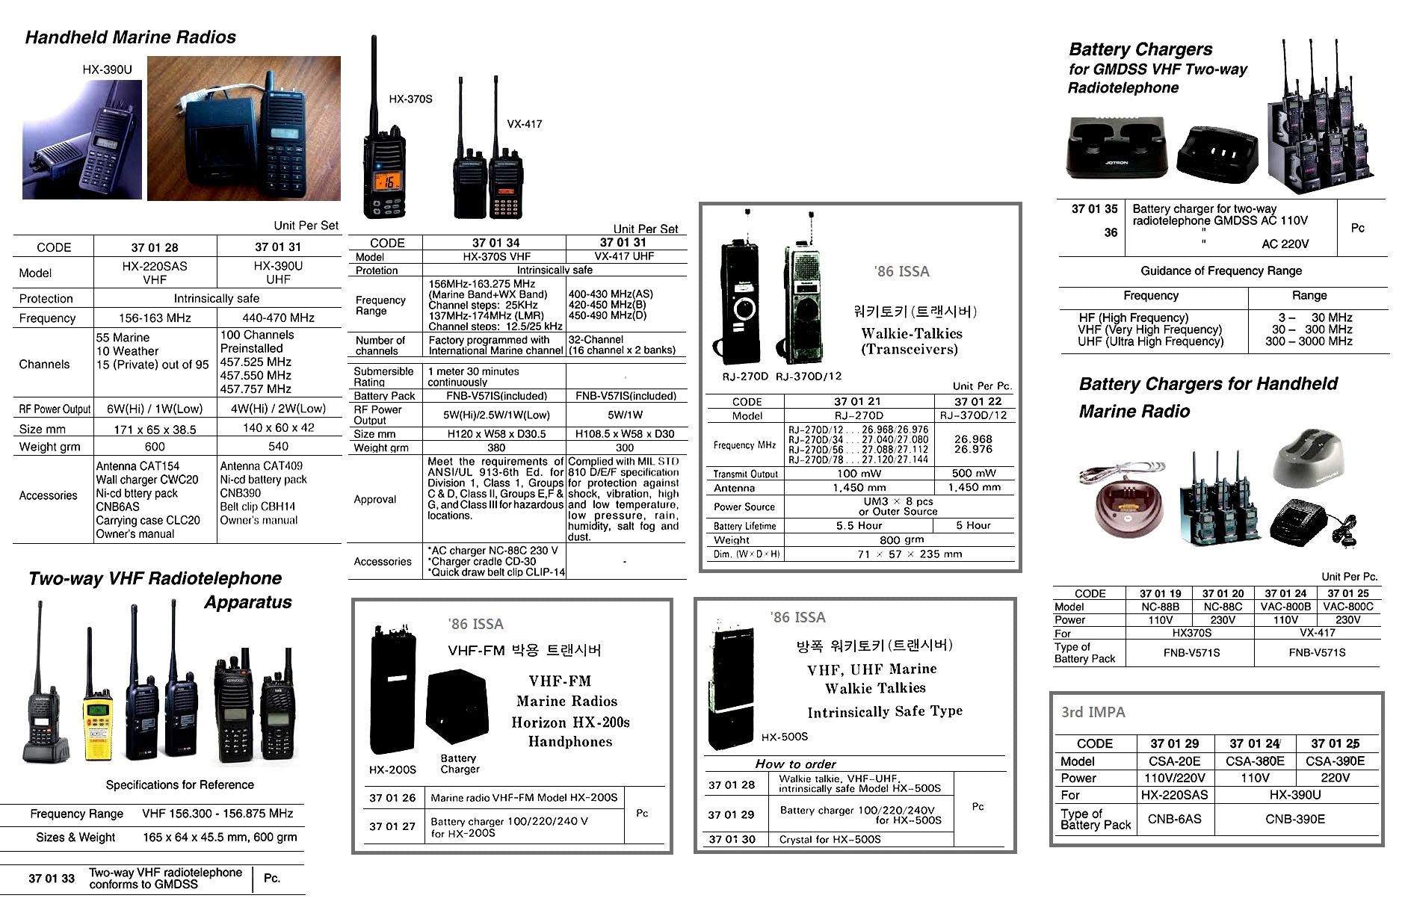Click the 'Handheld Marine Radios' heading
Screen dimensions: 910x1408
130,37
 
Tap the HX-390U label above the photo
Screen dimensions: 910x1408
107,69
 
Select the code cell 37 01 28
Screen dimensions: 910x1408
155,247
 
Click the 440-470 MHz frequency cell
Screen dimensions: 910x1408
278,318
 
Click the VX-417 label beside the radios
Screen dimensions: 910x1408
524,124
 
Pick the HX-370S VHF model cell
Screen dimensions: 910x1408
496,256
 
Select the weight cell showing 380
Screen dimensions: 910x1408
496,448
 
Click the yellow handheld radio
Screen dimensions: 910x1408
97,721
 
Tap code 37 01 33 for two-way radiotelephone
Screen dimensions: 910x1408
52,878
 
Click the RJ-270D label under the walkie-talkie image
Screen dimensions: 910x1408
744,376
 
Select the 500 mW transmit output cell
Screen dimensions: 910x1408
973,473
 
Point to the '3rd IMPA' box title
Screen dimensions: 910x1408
1093,712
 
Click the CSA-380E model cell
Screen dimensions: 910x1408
1255,761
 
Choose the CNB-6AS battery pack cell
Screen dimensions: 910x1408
1174,819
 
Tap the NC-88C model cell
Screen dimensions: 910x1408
1223,607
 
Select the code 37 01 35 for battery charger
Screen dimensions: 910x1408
1094,209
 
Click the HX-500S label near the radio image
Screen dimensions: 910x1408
784,737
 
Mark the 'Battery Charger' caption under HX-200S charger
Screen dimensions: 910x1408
459,764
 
